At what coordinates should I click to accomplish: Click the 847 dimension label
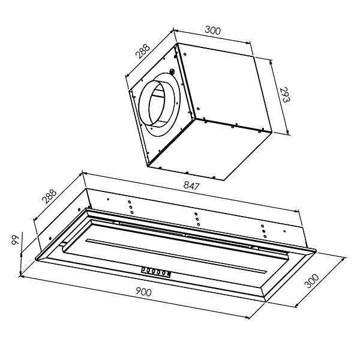[192, 185]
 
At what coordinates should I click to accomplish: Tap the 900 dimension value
[144, 292]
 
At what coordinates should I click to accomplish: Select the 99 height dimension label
[16, 239]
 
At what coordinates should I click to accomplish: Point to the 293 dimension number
[286, 94]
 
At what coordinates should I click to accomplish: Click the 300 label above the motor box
[212, 31]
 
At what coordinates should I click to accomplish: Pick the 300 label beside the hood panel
[311, 281]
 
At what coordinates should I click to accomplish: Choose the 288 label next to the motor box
[142, 51]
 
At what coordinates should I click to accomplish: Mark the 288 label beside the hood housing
[49, 196]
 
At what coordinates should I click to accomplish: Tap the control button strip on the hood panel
[155, 272]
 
